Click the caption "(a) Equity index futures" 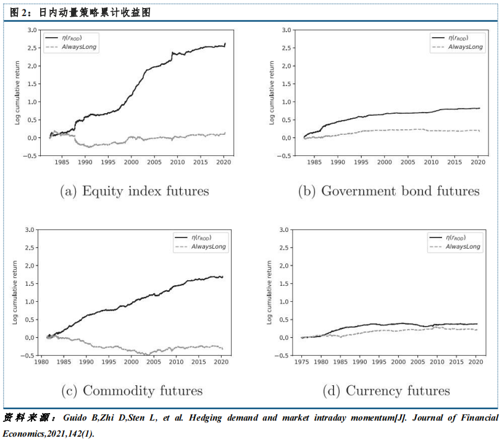[134, 191]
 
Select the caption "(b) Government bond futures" [388, 191]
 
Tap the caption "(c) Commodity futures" [132, 391]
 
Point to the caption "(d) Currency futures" [386, 391]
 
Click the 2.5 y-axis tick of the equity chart [30, 48]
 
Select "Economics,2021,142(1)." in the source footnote [48, 434]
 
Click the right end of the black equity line [225, 44]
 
